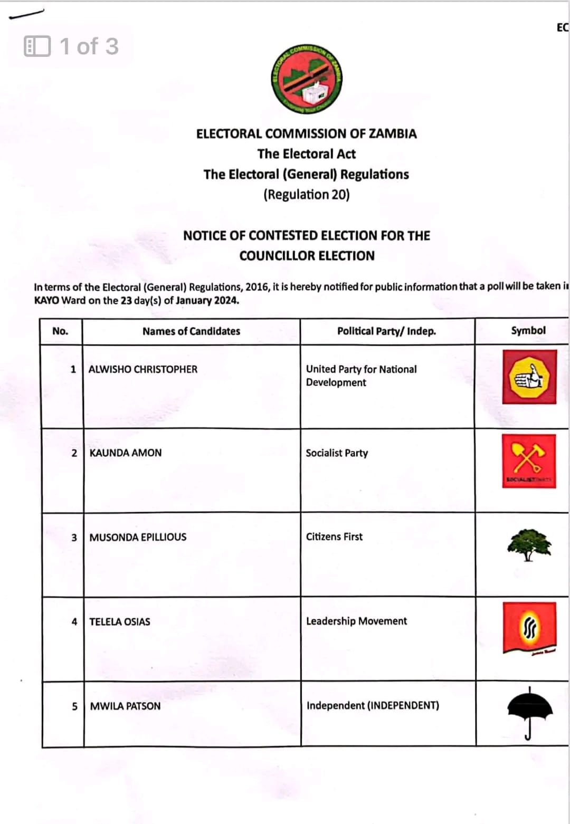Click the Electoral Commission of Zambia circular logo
pos(307,80)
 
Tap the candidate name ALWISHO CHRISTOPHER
pos(142,369)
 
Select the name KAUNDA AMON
pos(126,453)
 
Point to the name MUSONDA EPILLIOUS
pos(138,537)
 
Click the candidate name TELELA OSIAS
pos(120,621)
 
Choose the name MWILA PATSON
pos(125,706)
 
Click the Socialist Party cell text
pos(337,453)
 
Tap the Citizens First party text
pos(334,536)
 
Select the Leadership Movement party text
pos(356,621)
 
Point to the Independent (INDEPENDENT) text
pos(373,705)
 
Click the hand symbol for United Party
pos(529,377)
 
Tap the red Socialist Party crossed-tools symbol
pos(528,461)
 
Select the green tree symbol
pos(529,545)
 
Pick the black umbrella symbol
pos(529,712)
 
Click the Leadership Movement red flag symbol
pos(529,628)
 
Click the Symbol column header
pos(528,331)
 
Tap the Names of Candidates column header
pos(191,331)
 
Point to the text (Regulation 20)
pos(306,195)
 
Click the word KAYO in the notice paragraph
pos(46,301)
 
